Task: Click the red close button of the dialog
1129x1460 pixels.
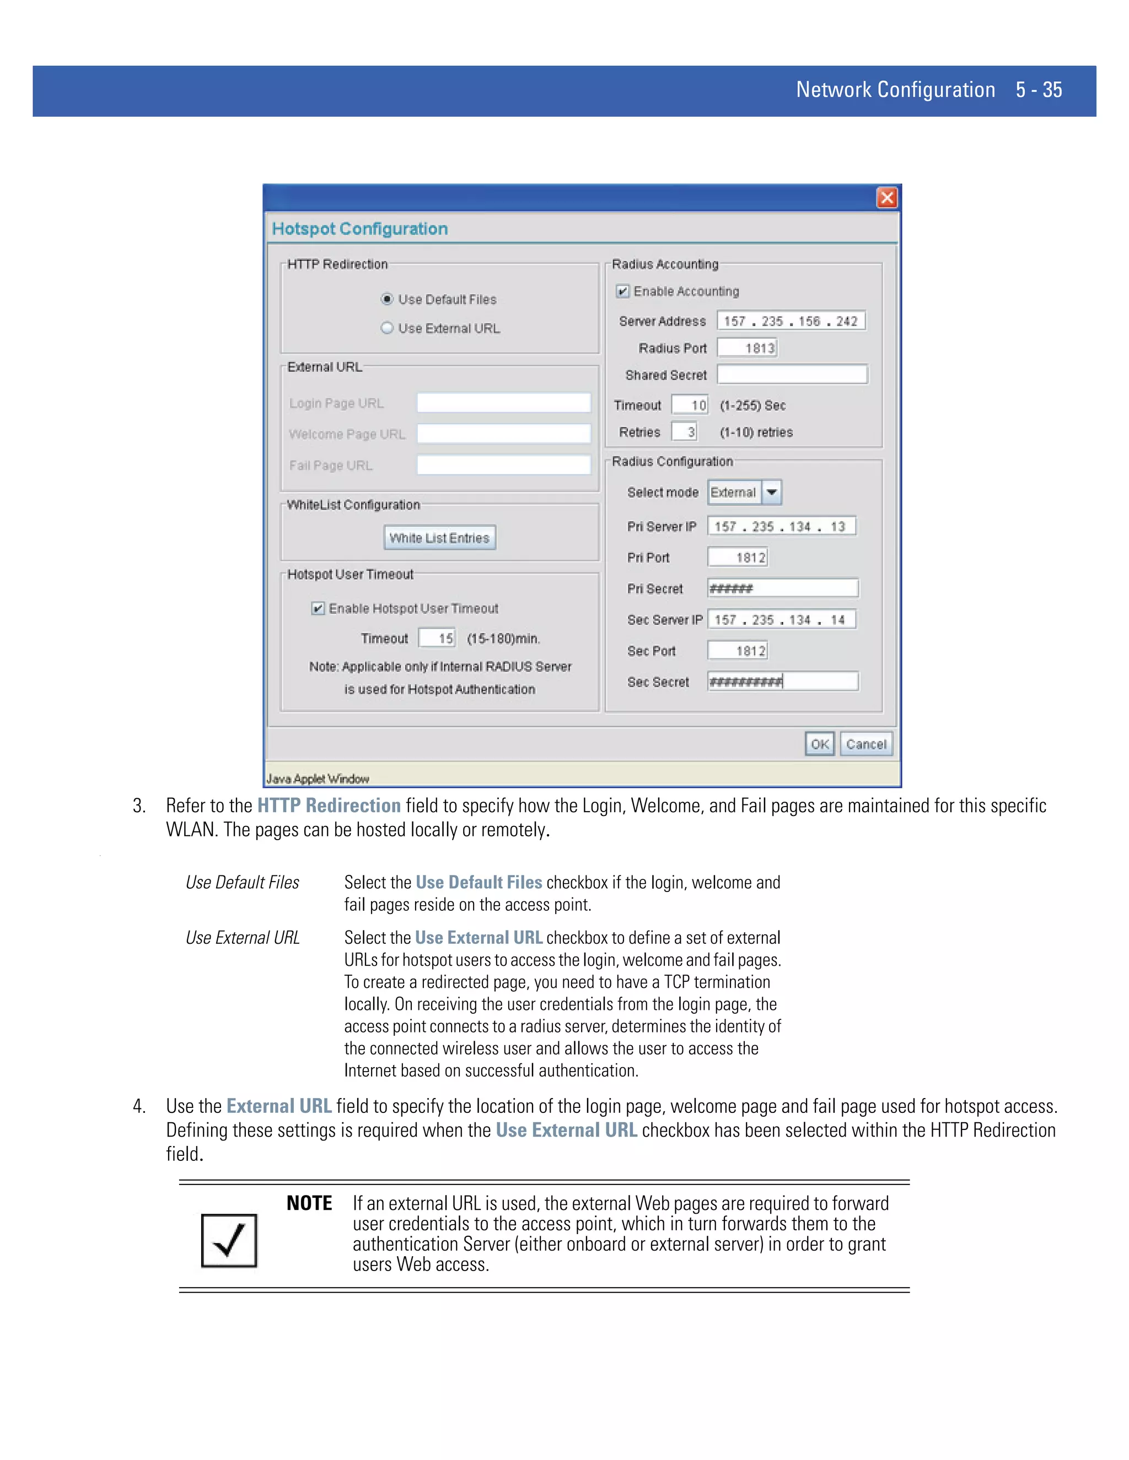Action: [x=886, y=198]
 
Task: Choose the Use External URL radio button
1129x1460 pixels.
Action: [x=386, y=328]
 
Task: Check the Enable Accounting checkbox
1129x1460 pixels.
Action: [x=623, y=291]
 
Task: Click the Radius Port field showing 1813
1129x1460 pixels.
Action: [x=747, y=348]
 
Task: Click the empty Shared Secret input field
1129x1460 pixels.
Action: [x=792, y=374]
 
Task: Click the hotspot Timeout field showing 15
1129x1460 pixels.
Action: [x=437, y=638]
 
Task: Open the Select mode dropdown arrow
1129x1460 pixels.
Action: [x=772, y=492]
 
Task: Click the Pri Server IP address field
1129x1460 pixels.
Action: [x=781, y=526]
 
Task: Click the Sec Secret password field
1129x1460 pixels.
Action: [x=783, y=681]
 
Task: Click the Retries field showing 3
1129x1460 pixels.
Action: [x=684, y=432]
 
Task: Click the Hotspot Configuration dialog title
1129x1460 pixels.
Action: [x=360, y=229]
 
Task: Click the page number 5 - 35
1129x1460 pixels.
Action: [x=1038, y=90]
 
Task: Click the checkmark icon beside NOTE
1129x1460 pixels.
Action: [x=229, y=1241]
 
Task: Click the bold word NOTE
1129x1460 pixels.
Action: [x=309, y=1203]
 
